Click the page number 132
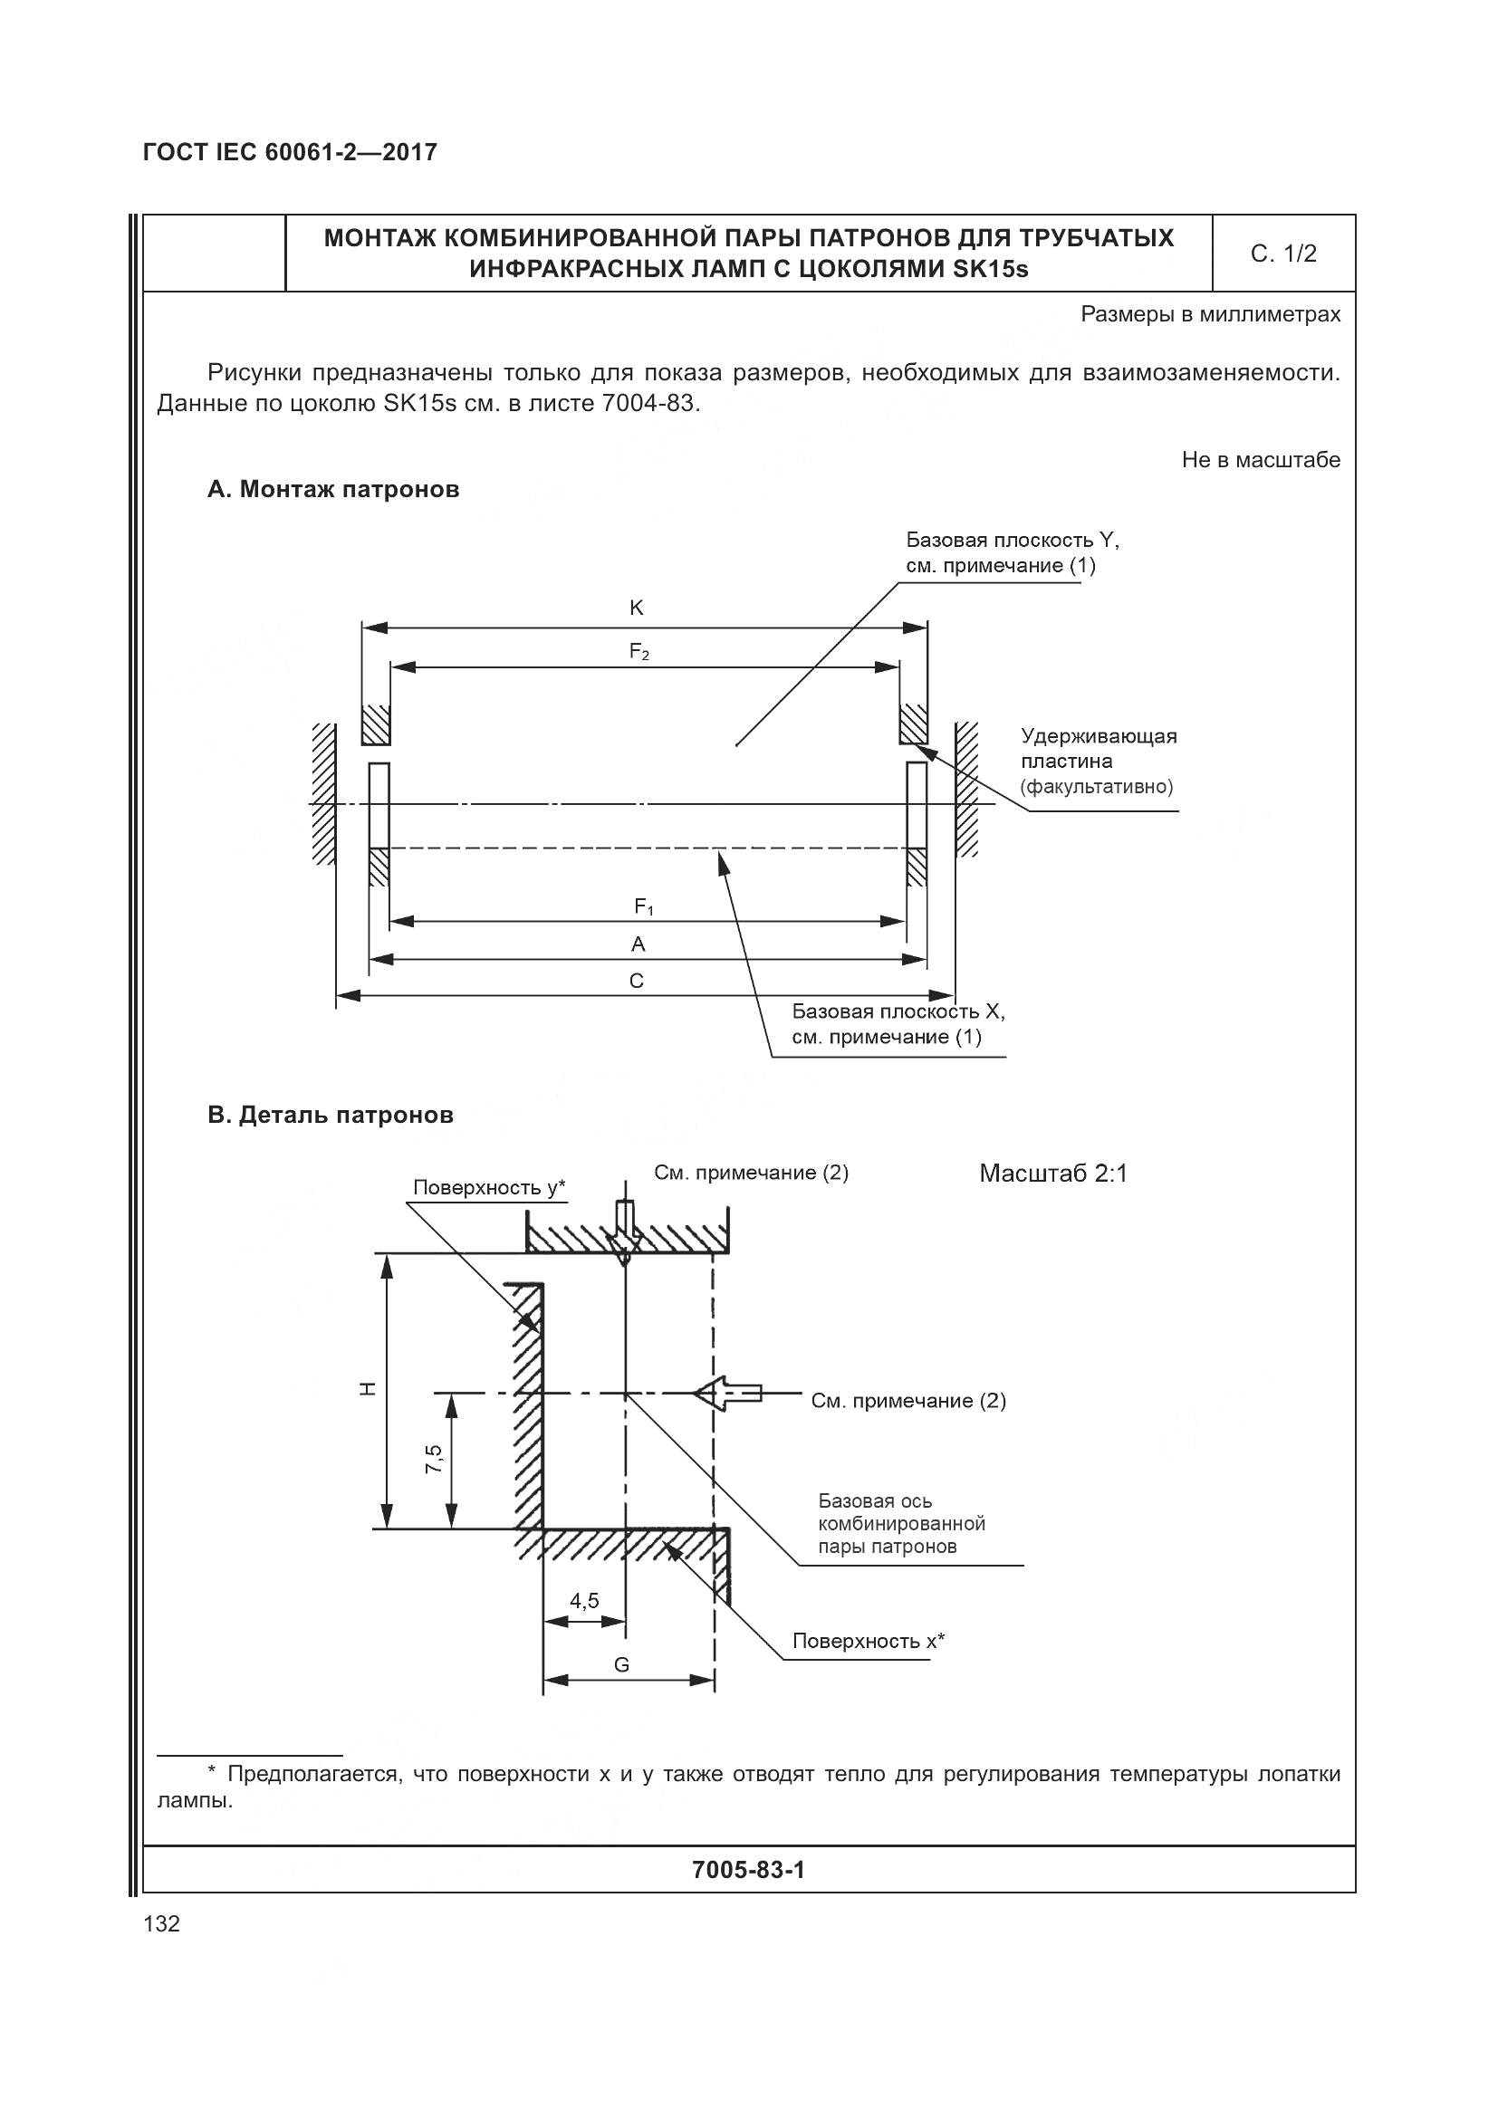161,1923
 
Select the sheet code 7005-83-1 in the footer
748,1869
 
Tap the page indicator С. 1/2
1283,254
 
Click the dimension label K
636,608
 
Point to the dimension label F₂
639,651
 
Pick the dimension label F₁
643,907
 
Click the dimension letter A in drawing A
638,944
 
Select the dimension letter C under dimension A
637,981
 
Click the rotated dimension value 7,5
434,1459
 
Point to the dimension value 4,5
584,1600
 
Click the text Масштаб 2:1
1052,1174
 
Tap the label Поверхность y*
489,1187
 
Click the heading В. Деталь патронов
331,1116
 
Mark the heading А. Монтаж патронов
333,490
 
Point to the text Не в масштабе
1260,459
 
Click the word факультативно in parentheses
1097,787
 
